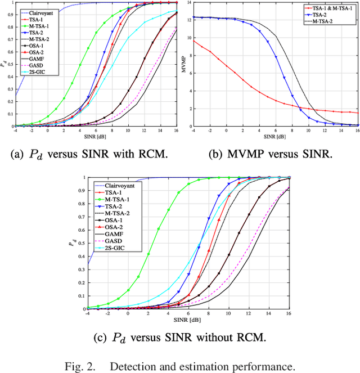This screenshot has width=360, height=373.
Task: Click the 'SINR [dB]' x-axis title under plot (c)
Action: click(188, 320)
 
